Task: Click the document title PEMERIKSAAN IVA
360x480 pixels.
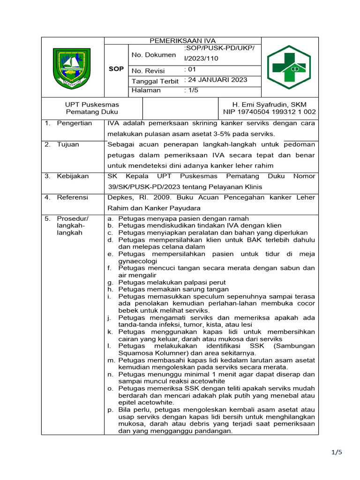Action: [182, 40]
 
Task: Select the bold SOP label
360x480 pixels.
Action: [116, 69]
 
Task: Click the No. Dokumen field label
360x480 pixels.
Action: [154, 55]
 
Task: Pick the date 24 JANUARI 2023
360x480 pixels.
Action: [216, 80]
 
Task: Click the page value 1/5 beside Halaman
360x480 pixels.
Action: [192, 90]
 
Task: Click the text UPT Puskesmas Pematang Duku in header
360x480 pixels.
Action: [92, 108]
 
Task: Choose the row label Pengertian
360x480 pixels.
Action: [74, 123]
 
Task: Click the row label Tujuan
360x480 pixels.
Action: [68, 144]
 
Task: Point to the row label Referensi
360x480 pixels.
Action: [73, 197]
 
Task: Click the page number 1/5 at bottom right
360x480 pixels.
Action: [337, 452]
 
